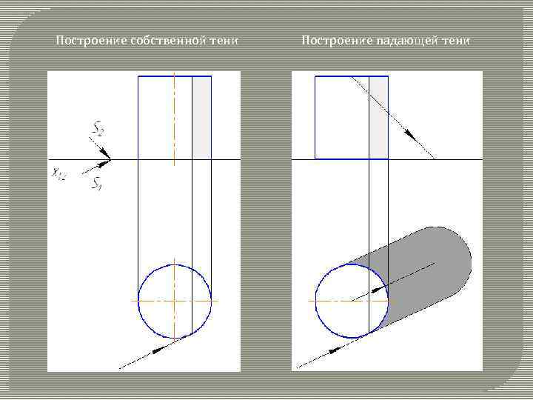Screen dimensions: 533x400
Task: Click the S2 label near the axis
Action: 97,130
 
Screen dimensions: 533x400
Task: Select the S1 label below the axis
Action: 96,184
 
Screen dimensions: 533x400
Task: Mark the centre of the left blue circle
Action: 175,301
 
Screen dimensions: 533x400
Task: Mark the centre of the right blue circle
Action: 352,301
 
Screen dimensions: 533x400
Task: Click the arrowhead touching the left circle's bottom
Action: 158,347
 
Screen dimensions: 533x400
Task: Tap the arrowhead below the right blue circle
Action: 336,347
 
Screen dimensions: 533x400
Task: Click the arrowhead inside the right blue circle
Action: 377,289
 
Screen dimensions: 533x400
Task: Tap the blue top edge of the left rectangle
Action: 175,76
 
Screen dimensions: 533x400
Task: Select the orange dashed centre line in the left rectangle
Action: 175,119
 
